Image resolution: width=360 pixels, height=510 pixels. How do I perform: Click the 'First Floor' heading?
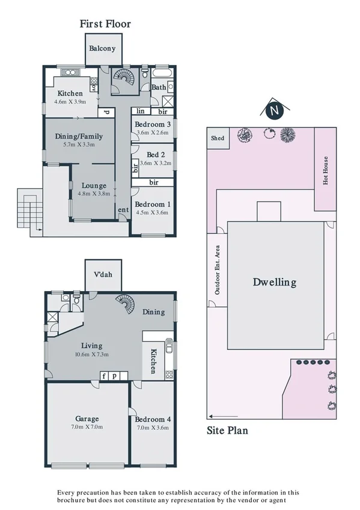(105, 24)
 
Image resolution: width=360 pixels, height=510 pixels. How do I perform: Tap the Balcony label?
(103, 49)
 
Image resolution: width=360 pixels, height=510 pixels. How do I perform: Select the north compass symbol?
(274, 111)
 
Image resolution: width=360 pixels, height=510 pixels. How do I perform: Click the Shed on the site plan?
(218, 138)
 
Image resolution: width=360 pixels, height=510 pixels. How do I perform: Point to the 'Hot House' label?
(326, 171)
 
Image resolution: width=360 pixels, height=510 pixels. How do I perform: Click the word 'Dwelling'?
(275, 282)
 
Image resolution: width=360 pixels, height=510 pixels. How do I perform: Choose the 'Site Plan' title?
(227, 430)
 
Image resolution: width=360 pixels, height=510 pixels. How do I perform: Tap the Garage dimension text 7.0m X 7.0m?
(87, 427)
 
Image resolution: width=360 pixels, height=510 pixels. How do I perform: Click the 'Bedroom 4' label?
(152, 419)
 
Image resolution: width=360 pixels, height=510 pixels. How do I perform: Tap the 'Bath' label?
(159, 87)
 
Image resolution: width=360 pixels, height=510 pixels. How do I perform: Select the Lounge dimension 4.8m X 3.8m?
(94, 194)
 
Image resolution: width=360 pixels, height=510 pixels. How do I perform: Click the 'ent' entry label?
(123, 210)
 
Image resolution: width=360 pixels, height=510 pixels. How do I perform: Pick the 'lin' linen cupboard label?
(141, 111)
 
